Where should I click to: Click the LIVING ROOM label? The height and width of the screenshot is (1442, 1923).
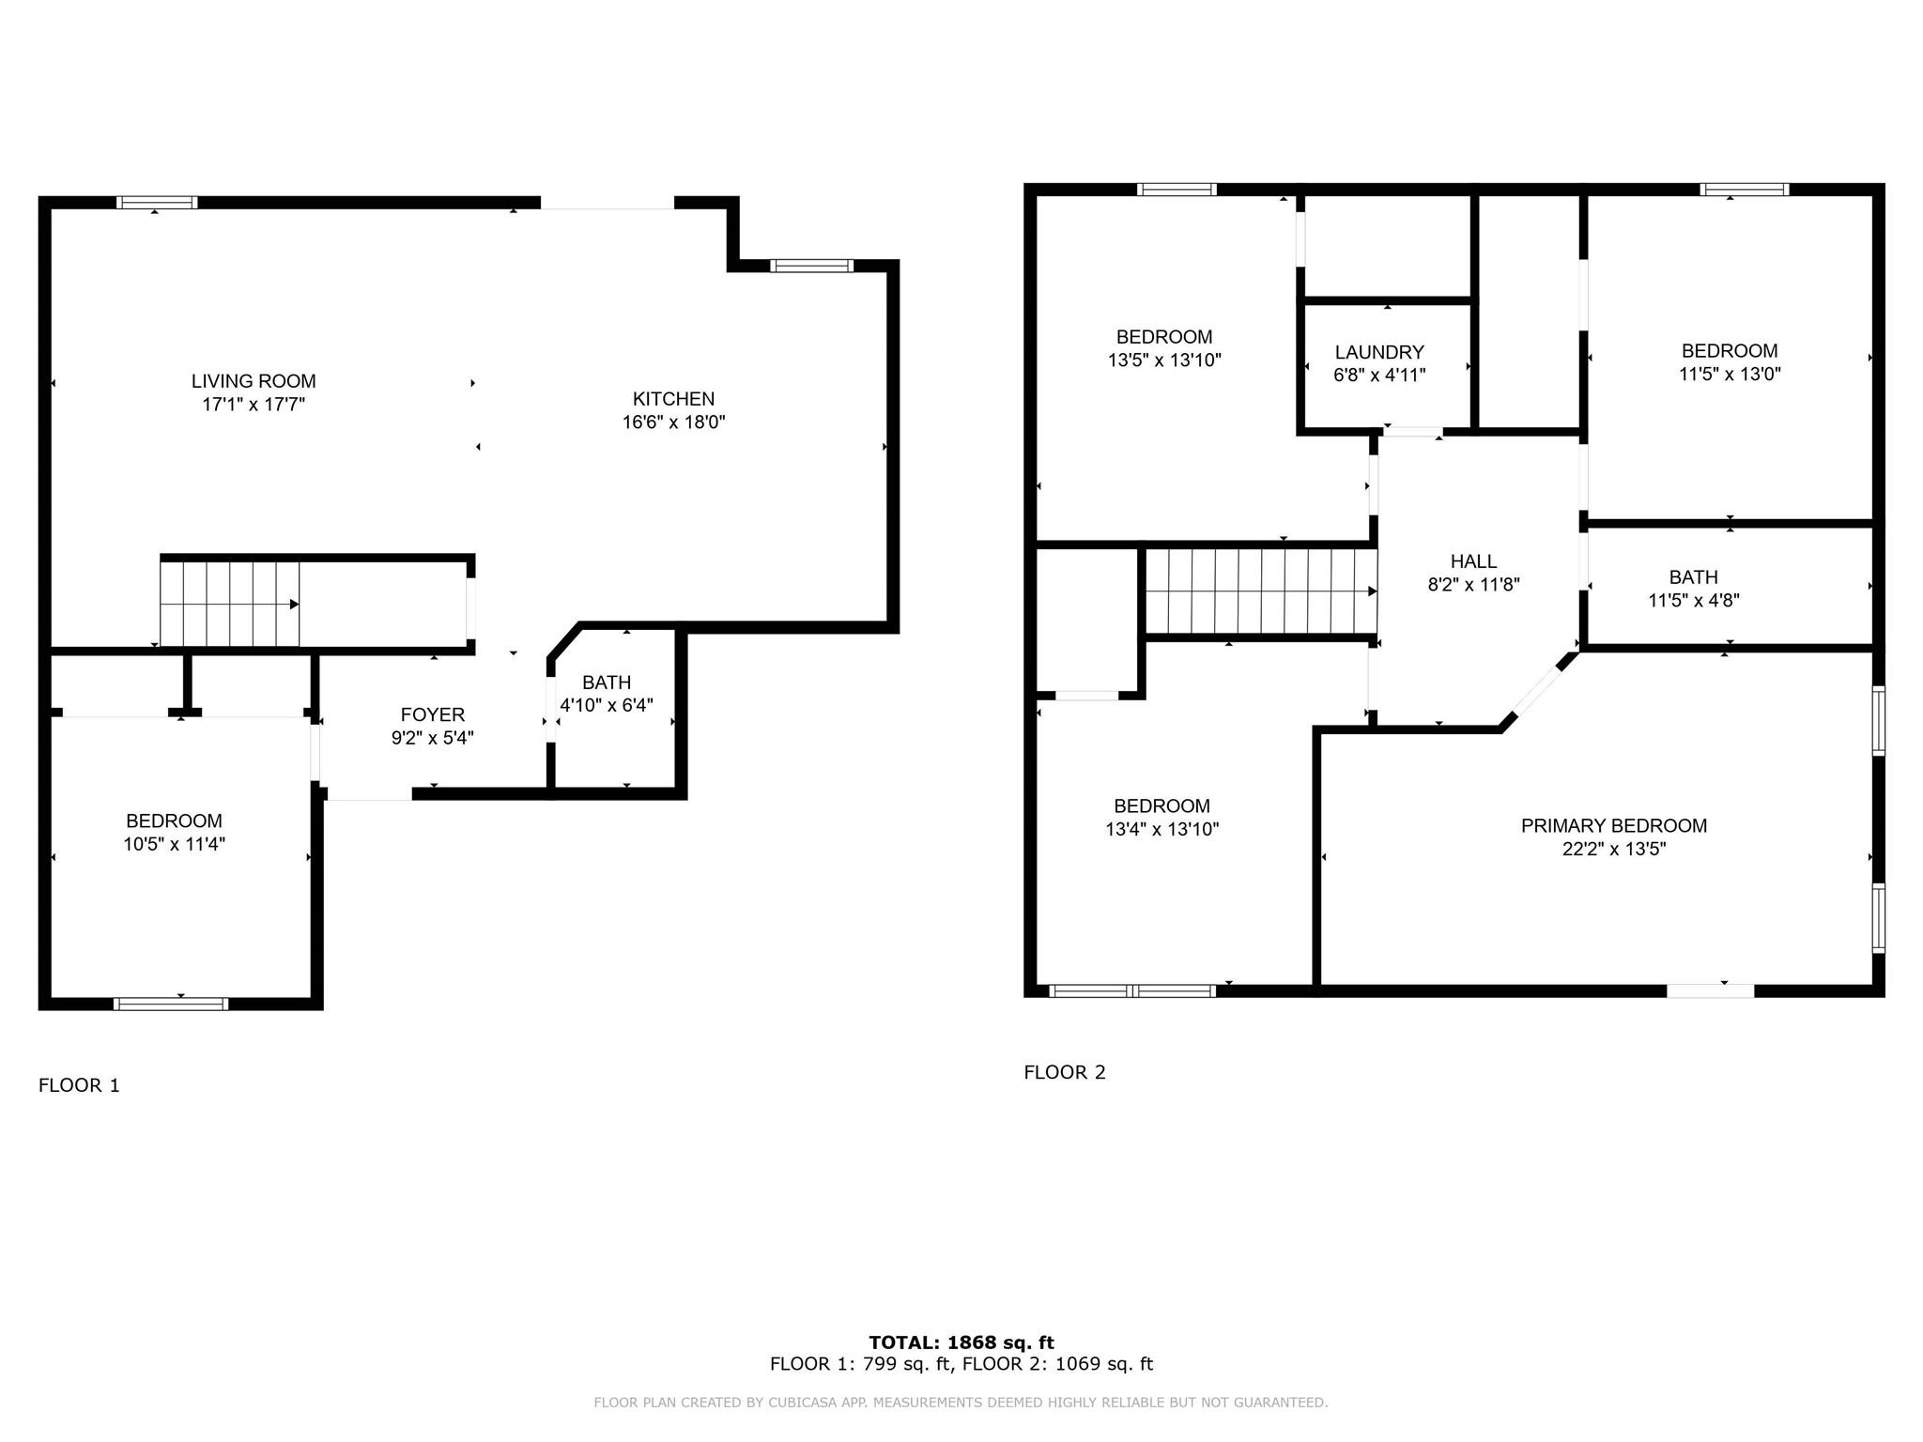tap(254, 381)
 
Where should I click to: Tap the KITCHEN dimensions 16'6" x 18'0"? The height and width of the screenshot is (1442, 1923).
tap(673, 422)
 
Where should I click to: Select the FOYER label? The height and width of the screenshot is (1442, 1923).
tap(432, 714)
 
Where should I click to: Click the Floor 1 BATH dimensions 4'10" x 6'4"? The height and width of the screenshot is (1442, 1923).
tap(607, 705)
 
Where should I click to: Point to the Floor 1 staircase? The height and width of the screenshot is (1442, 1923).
tap(229, 604)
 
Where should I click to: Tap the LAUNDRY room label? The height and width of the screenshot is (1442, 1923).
tap(1379, 352)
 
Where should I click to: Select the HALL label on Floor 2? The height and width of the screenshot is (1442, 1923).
tap(1473, 561)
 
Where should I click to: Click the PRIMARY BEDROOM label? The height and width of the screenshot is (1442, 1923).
tap(1613, 825)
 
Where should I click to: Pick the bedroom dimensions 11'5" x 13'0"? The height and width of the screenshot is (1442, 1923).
tap(1730, 374)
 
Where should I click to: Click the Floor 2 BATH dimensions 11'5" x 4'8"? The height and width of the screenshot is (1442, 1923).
tap(1693, 601)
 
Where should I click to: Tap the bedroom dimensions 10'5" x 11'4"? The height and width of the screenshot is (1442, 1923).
tap(174, 844)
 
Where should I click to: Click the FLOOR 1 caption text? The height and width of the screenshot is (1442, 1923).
tap(79, 1085)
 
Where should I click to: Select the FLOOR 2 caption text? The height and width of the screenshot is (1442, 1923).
tap(1065, 1072)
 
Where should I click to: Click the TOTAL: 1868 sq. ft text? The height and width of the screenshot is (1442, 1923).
tap(961, 1342)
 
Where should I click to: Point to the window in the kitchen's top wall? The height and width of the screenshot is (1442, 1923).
tap(811, 266)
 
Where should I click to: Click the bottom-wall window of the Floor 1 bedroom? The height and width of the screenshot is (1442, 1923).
tap(171, 1004)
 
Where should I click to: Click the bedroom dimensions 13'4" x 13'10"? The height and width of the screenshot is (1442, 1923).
tap(1161, 829)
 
